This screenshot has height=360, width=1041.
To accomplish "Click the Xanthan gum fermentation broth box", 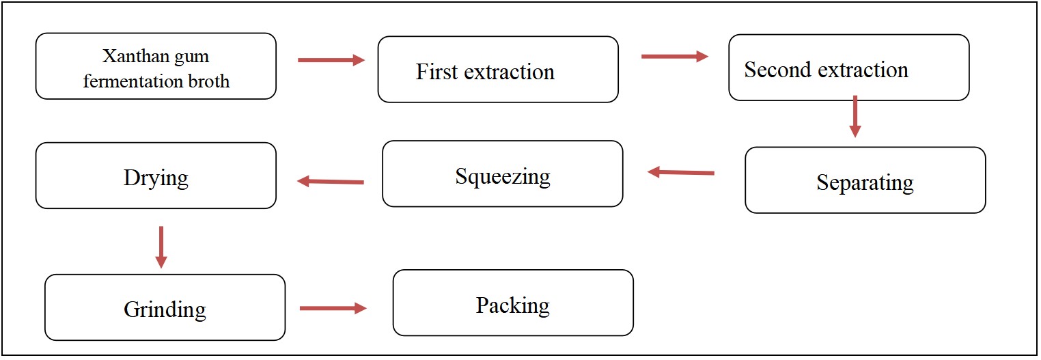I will click(x=156, y=66).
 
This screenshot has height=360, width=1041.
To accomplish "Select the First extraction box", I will click(x=498, y=70).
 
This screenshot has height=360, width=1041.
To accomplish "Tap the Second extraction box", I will click(x=848, y=68).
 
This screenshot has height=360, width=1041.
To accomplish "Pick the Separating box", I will click(x=865, y=180).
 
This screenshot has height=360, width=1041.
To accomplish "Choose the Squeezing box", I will click(x=502, y=174).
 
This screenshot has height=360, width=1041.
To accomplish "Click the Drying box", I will click(x=156, y=176).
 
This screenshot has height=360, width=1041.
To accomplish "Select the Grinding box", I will click(x=165, y=307).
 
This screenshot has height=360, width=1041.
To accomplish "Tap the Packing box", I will click(x=513, y=303).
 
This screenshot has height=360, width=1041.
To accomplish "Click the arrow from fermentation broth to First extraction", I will click(x=331, y=60).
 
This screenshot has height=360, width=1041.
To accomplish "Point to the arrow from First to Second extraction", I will click(x=674, y=56).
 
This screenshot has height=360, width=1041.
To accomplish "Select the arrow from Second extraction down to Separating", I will click(x=855, y=116).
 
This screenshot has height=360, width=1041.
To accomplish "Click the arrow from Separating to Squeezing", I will click(x=680, y=173).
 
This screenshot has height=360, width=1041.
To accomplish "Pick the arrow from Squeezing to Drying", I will click(x=331, y=182).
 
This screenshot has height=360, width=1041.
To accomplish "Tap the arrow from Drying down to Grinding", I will click(x=161, y=247).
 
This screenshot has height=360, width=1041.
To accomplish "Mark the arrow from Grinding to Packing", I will click(x=333, y=308).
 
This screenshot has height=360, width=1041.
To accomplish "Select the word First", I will click(x=435, y=71).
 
